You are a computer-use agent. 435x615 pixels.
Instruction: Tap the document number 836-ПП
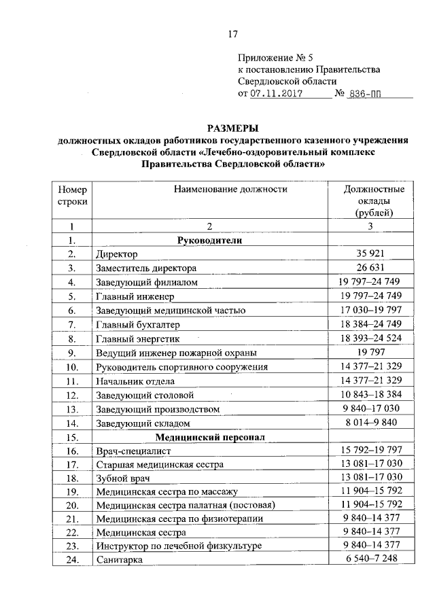pos(366,94)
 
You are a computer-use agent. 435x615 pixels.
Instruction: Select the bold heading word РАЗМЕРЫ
pos(233,128)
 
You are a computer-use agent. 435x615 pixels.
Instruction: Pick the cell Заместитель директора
pos(146,268)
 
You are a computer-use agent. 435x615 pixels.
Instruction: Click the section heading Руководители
pos(209,240)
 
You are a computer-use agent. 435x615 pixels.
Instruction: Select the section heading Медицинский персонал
pos(209,436)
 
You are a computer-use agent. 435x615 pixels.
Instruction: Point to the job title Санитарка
pos(120,559)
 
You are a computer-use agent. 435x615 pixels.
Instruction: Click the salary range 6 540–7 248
pos(370,559)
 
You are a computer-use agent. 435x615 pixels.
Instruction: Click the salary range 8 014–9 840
pos(370,422)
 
